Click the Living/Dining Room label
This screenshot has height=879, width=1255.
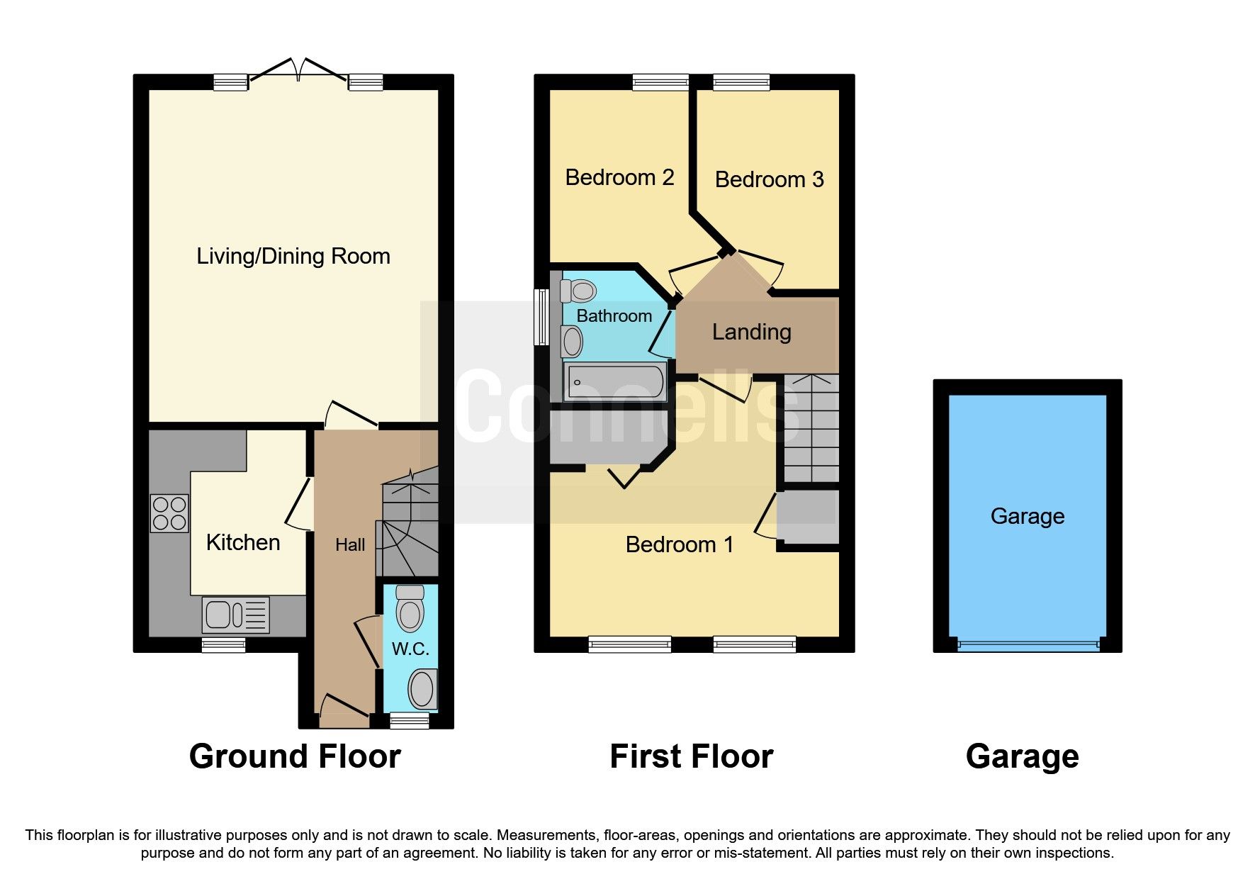coord(293,256)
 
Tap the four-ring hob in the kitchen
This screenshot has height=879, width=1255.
coord(169,513)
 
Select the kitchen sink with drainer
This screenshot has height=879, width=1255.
coord(235,615)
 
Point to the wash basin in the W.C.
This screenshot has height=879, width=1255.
coord(422,689)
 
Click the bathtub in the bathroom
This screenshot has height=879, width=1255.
coord(614,382)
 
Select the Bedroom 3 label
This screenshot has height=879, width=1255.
coord(769,179)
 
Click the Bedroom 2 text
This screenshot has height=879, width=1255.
coord(619,177)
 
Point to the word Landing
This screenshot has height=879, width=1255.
coord(751,332)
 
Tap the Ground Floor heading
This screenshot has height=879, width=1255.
coord(295,756)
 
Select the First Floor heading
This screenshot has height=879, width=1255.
coord(691,756)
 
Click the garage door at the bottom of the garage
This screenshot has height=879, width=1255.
coord(1028,645)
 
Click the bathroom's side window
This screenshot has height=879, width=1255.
coord(542,316)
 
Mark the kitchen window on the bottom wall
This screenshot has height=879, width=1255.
coord(223,644)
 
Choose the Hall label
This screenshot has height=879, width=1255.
coord(350,545)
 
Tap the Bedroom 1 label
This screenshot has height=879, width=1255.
coord(679,544)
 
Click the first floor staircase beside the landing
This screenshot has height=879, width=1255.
coord(811,428)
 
